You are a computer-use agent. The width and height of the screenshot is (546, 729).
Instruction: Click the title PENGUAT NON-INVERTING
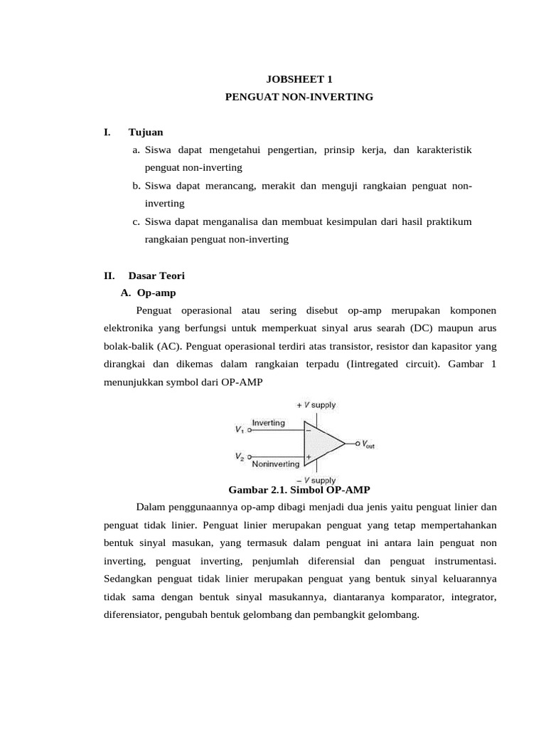[299, 96]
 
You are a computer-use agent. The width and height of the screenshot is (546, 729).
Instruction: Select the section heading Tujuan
[146, 132]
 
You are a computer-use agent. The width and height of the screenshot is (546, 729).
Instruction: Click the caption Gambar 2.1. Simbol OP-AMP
[299, 490]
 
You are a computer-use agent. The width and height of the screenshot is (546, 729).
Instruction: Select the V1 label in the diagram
[238, 429]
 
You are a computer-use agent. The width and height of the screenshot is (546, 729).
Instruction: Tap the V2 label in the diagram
[238, 456]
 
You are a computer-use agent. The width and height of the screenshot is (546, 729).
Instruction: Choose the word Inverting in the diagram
[269, 423]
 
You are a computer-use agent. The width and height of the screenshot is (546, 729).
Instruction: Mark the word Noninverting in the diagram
[276, 463]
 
